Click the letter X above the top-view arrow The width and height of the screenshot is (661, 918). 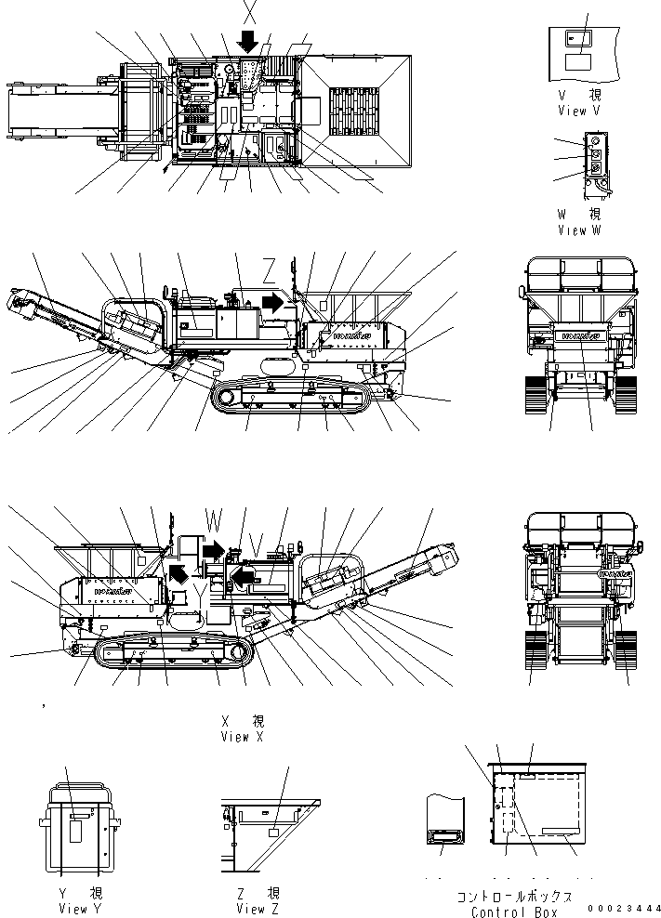click(248, 12)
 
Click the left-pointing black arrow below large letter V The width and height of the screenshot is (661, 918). click(244, 580)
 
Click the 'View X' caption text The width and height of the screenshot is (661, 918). click(242, 737)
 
